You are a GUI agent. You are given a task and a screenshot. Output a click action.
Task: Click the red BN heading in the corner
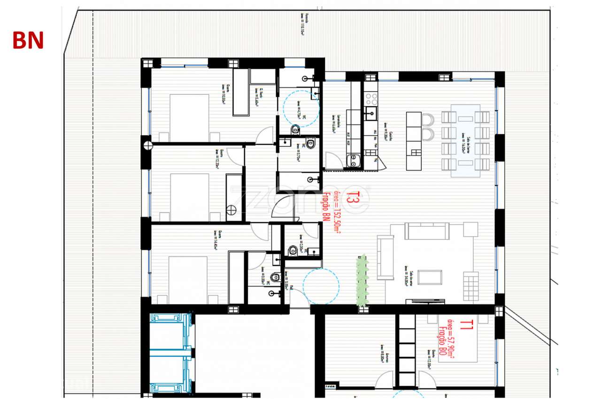(28, 41)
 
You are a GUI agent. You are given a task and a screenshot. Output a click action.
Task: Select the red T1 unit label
(466, 324)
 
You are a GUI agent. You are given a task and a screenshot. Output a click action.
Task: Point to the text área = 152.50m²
(337, 208)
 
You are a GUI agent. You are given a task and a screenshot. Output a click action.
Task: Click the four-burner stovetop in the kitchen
(372, 99)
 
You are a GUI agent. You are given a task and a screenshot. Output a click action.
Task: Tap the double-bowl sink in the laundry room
(354, 161)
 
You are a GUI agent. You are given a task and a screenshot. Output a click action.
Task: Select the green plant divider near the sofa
(362, 280)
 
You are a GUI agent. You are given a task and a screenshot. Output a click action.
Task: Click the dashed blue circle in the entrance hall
(321, 286)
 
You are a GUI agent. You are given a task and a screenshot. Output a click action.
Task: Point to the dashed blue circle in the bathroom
(301, 108)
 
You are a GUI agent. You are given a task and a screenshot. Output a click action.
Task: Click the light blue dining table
(465, 141)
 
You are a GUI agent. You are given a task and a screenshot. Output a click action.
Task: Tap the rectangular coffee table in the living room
(430, 277)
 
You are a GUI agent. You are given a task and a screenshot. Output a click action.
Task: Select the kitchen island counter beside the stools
(414, 140)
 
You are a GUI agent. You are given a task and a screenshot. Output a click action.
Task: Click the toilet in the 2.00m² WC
(293, 250)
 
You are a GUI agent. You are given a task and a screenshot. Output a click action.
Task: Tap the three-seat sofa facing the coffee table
(427, 230)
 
